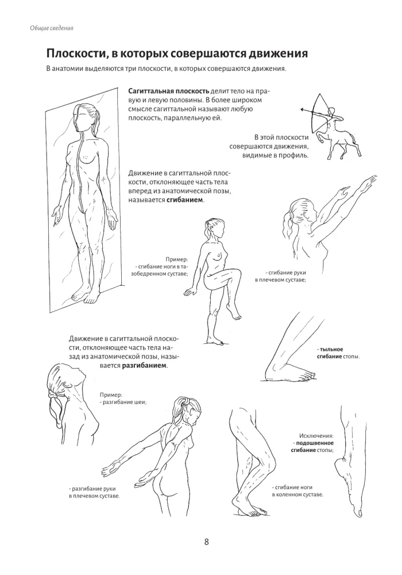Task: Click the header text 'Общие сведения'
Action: [53, 28]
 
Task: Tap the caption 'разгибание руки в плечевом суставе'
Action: [94, 492]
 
